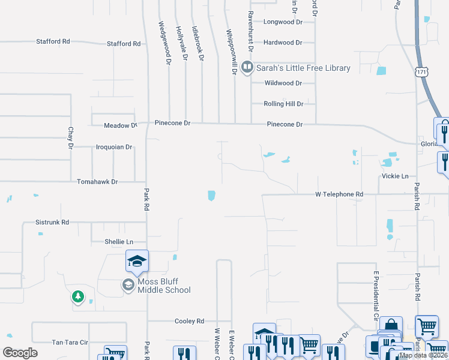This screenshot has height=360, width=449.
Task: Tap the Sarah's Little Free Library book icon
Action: pyautogui.click(x=247, y=68)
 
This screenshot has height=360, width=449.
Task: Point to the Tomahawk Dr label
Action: pyautogui.click(x=97, y=181)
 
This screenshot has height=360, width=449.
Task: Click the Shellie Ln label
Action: pyautogui.click(x=117, y=242)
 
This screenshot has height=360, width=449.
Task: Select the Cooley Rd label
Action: pyautogui.click(x=189, y=321)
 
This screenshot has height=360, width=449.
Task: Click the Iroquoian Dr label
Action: pyautogui.click(x=114, y=146)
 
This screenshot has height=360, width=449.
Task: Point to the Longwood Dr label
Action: pyautogui.click(x=283, y=22)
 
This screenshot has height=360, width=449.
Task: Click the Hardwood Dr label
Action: pyautogui.click(x=283, y=43)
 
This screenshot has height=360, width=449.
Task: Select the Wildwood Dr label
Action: pyautogui.click(x=283, y=83)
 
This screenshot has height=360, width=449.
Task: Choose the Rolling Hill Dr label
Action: pyautogui.click(x=284, y=104)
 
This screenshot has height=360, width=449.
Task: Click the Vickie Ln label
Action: pyautogui.click(x=395, y=176)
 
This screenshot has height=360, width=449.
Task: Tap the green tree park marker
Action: pyautogui.click(x=77, y=296)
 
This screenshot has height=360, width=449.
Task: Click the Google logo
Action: pyautogui.click(x=20, y=353)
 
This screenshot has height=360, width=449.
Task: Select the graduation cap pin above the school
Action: pyautogui.click(x=137, y=260)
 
